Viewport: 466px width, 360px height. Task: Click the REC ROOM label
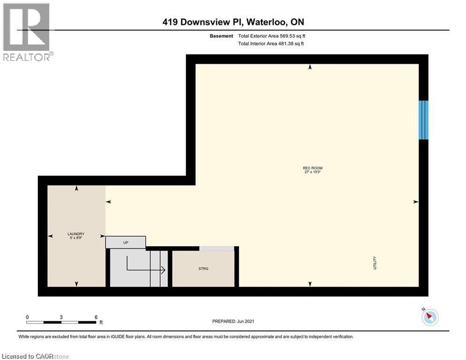click(x=313, y=168)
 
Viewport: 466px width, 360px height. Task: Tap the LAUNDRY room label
click(x=75, y=233)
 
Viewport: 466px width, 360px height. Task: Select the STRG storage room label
click(x=203, y=269)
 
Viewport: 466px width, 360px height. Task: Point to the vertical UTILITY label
click(x=375, y=262)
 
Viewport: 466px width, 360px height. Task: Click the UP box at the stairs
click(x=126, y=242)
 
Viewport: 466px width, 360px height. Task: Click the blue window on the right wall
click(x=423, y=120)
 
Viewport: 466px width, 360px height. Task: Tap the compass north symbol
click(x=429, y=317)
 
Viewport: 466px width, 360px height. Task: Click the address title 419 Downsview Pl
click(x=233, y=22)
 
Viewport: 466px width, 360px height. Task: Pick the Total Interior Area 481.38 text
click(x=271, y=44)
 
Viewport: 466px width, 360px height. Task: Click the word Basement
click(x=222, y=36)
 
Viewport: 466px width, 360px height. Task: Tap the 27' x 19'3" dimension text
click(x=313, y=172)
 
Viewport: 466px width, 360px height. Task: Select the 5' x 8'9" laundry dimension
click(x=75, y=238)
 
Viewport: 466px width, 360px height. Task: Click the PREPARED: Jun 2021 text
click(x=233, y=321)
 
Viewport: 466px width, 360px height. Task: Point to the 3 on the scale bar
click(x=61, y=317)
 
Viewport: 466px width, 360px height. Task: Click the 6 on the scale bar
click(x=96, y=317)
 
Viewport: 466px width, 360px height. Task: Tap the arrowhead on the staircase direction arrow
click(x=163, y=270)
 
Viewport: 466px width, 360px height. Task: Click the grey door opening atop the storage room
click(x=217, y=248)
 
